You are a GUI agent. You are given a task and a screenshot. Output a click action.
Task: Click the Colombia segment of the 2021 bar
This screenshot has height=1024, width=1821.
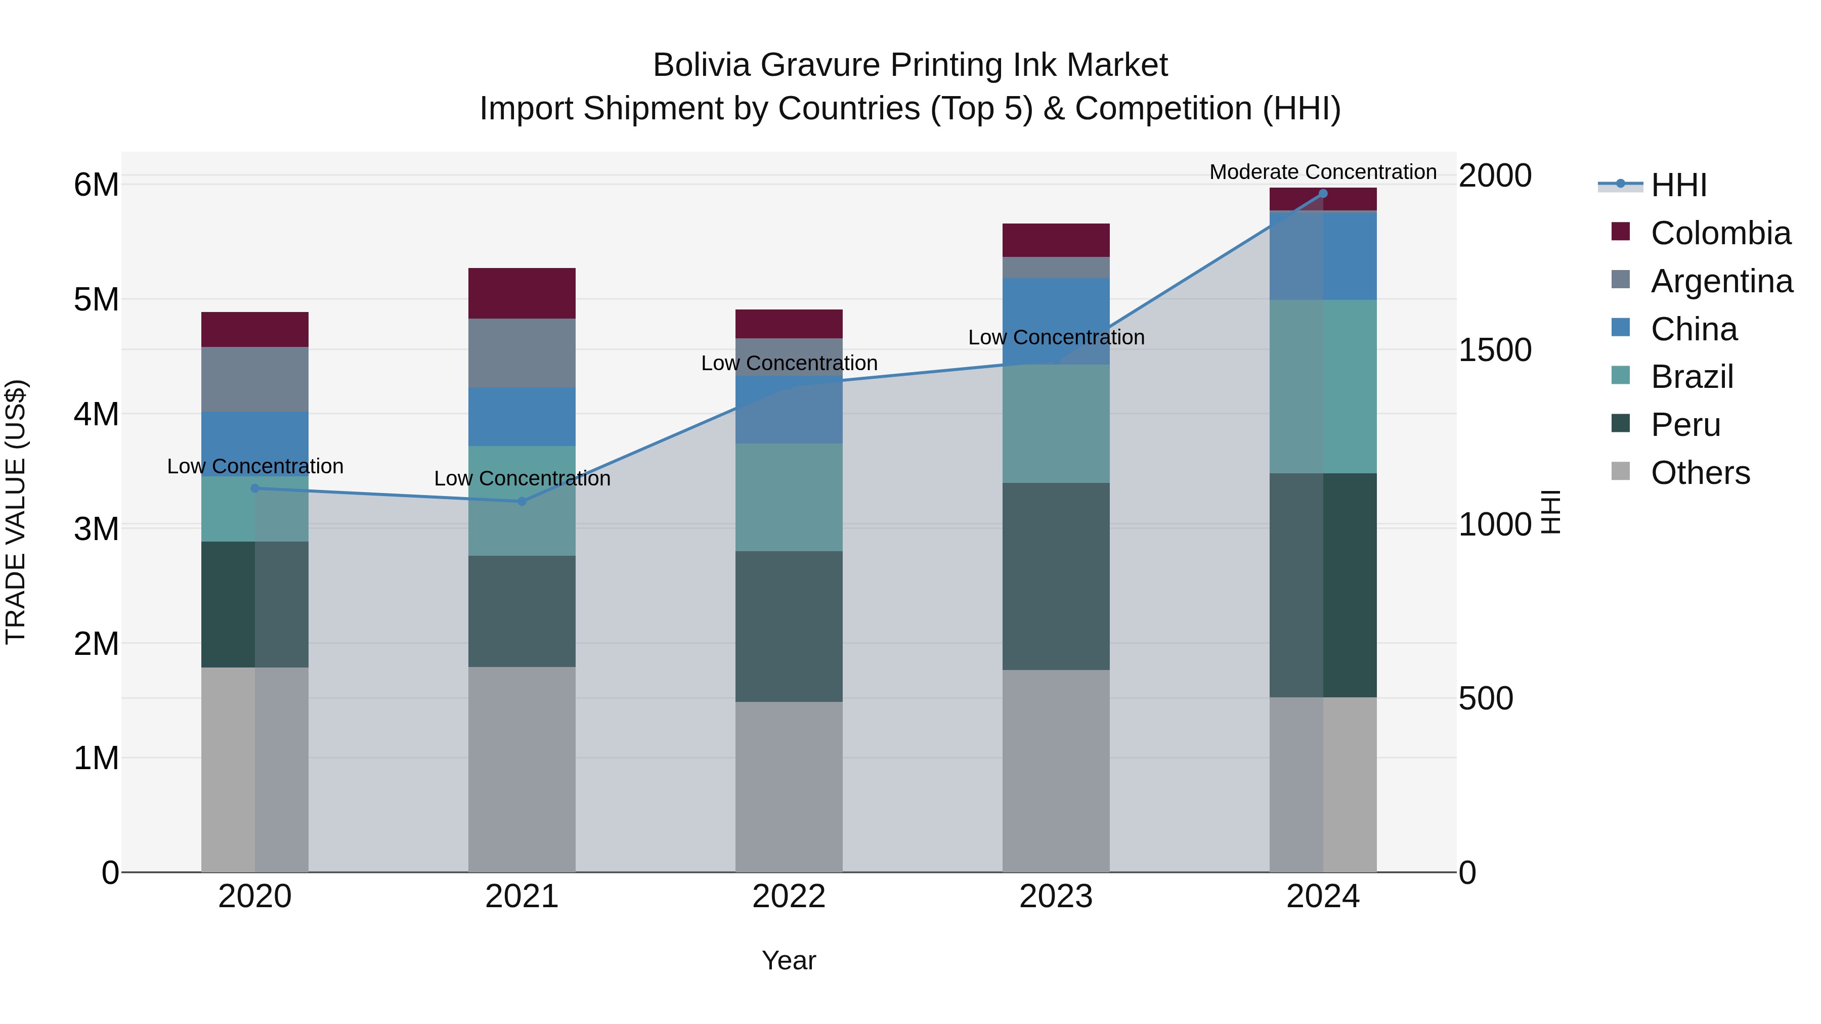(522, 293)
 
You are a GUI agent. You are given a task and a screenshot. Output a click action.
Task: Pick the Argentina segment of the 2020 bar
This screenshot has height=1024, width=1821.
(254, 379)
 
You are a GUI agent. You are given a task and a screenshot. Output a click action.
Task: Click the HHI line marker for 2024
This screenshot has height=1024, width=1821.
(1323, 194)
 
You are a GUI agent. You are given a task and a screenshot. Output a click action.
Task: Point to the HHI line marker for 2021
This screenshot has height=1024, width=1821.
(522, 501)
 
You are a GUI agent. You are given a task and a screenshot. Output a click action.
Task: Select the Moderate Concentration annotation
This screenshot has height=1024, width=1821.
(1323, 172)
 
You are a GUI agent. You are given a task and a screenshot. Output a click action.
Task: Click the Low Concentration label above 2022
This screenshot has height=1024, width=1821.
(789, 363)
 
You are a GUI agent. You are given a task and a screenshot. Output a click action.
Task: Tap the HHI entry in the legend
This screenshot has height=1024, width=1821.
(1679, 185)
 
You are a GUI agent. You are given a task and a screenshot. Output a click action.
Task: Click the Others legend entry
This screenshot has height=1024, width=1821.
(1700, 473)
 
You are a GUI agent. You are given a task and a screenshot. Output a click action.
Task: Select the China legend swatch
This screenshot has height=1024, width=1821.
(1620, 328)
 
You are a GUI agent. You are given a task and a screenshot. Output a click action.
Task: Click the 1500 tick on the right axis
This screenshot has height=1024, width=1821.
(1494, 350)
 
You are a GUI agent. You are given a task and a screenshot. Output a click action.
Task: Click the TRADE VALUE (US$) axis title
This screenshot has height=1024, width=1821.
(16, 512)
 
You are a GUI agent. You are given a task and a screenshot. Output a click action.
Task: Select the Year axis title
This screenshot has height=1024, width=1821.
(789, 960)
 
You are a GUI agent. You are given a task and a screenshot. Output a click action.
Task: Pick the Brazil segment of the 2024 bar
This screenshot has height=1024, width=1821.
(1323, 386)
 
